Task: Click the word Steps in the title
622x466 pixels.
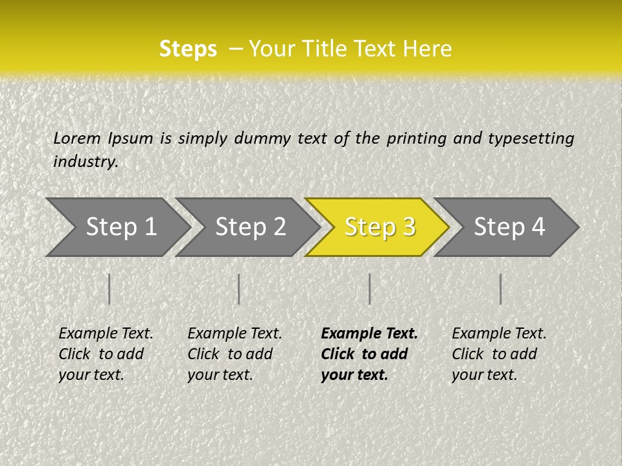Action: click(x=188, y=49)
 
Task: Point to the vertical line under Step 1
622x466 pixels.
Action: click(x=109, y=289)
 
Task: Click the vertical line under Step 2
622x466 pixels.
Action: click(x=239, y=289)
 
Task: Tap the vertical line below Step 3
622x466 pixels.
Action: click(x=369, y=289)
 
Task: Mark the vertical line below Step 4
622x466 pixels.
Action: click(x=500, y=289)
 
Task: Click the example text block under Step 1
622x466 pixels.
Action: click(x=106, y=354)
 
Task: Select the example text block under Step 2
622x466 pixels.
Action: click(x=235, y=354)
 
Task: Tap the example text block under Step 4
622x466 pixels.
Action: click(x=499, y=354)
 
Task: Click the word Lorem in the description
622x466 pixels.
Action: click(x=77, y=138)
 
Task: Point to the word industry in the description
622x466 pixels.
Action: click(x=86, y=161)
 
